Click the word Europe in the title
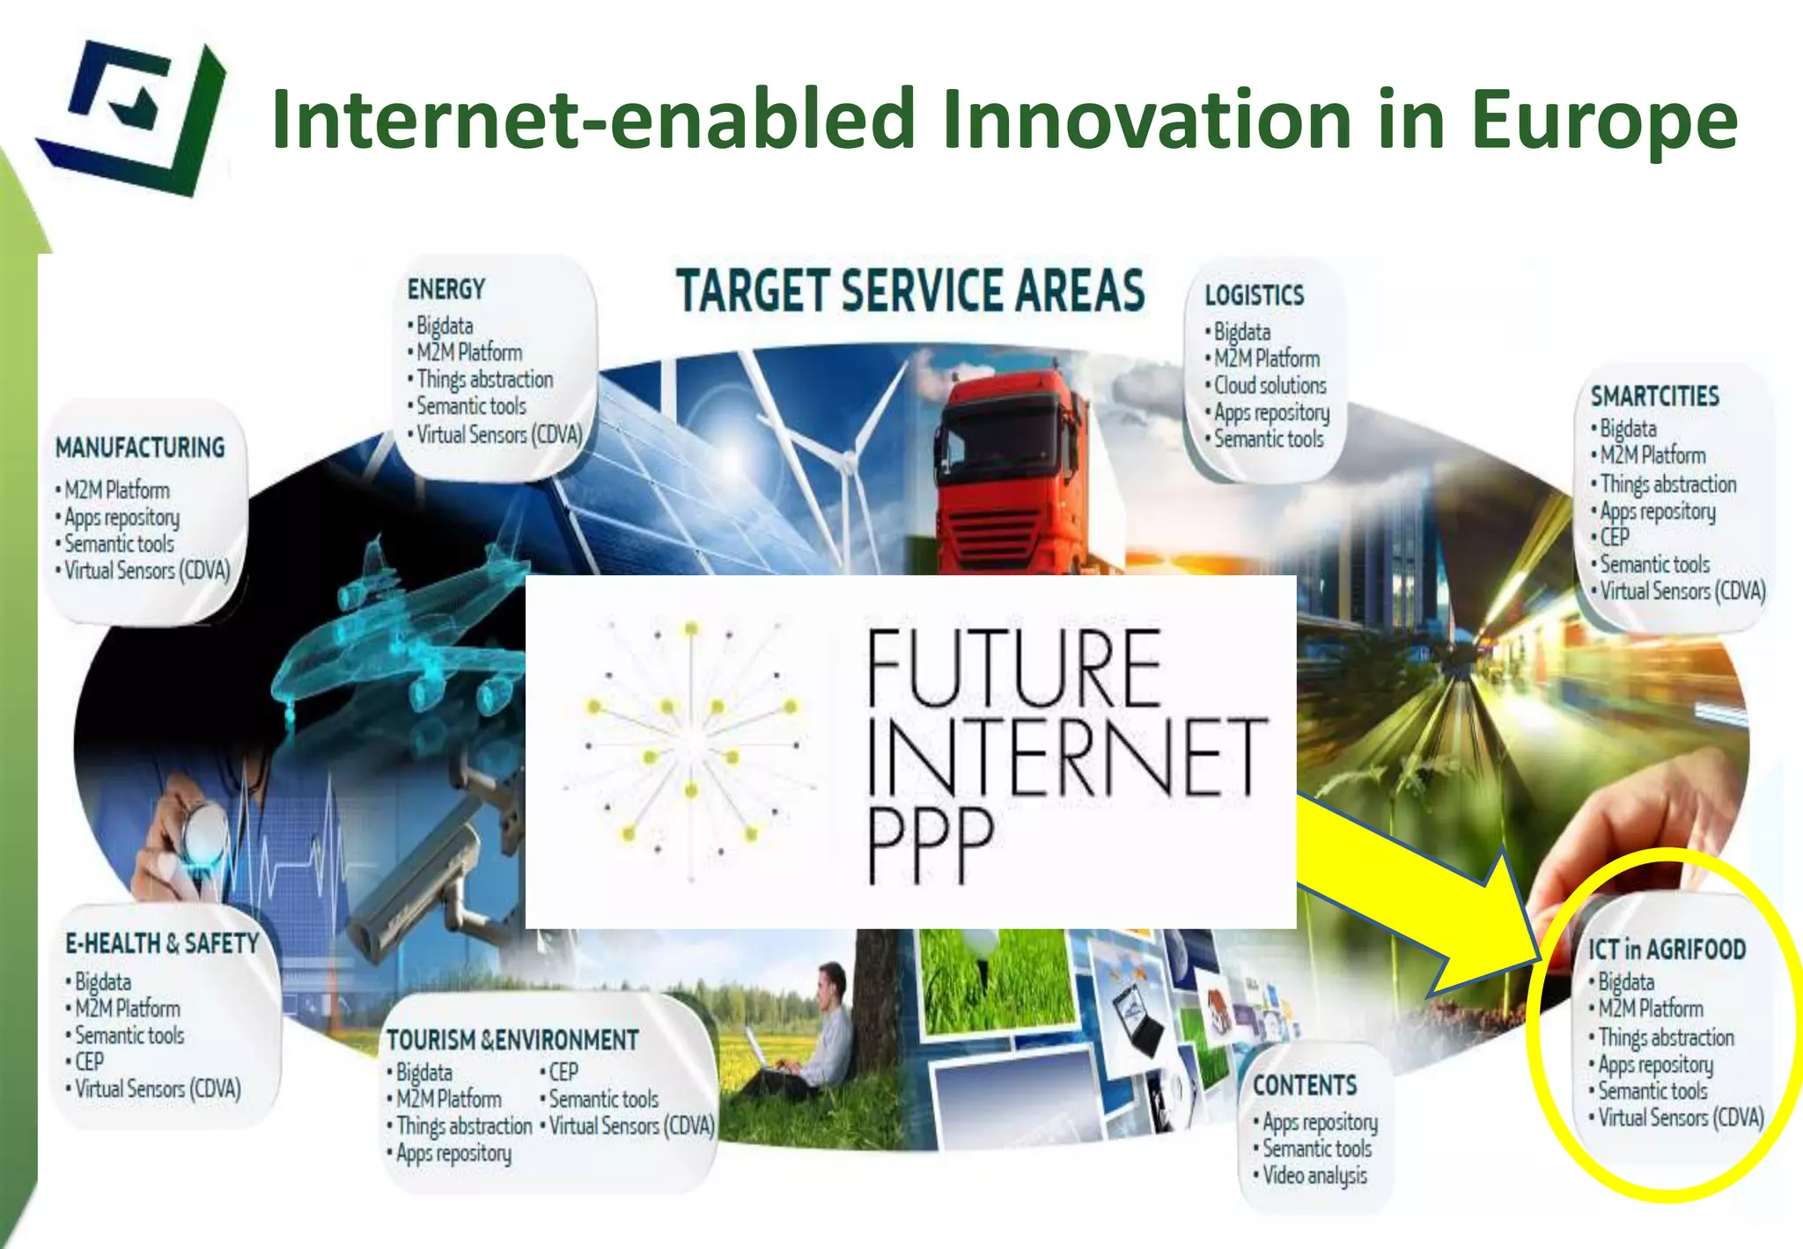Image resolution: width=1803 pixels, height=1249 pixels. [x=1604, y=122]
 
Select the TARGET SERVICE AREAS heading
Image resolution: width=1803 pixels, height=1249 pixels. [x=910, y=291]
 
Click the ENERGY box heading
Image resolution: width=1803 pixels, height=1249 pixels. [x=446, y=289]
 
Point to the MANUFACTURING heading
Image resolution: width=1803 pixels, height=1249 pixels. [x=140, y=447]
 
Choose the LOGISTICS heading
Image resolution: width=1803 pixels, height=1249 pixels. [x=1254, y=295]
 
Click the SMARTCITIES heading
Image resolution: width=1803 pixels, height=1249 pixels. [x=1654, y=396]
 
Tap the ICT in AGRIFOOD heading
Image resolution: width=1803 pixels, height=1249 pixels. [x=1667, y=949]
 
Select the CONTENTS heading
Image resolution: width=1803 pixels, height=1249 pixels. [x=1305, y=1085]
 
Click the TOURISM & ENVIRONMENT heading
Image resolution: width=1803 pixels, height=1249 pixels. [x=512, y=1040]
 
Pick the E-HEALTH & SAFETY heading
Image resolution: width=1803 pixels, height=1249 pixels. [x=162, y=943]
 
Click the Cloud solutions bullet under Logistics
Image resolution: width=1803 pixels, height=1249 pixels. [x=1269, y=386]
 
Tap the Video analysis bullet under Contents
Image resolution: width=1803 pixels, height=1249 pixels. [x=1314, y=1176]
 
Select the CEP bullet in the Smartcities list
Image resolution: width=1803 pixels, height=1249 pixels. [x=1615, y=537]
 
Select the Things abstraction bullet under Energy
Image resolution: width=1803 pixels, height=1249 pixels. [x=484, y=380]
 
